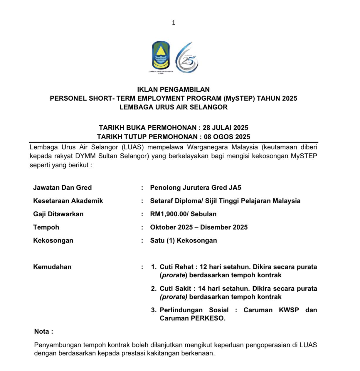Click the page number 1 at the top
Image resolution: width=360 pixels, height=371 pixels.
pos(174,23)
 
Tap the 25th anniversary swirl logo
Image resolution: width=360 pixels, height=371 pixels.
pos(187,58)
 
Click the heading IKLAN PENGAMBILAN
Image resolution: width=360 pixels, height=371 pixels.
pos(173,90)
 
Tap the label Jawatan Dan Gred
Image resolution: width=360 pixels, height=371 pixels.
pos(62,188)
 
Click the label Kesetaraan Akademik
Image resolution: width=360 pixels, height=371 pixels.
pos(68,201)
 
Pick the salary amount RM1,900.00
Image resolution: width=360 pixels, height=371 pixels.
pos(168,214)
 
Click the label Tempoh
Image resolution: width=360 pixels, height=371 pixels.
pos(46,227)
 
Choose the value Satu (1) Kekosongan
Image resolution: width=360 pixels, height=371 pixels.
pos(184,240)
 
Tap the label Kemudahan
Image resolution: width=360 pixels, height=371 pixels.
pos(52,267)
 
